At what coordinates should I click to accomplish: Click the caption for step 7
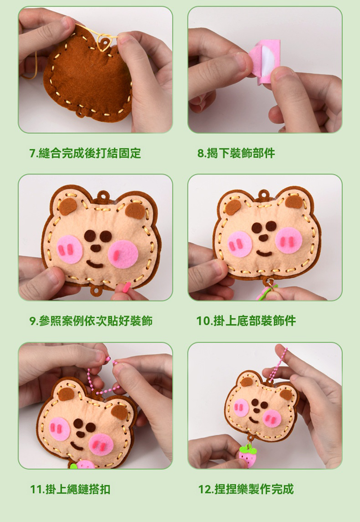tap(85, 153)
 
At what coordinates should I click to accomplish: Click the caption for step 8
tap(236, 153)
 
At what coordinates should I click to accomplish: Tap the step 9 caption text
tap(91, 321)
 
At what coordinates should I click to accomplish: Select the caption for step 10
tap(246, 321)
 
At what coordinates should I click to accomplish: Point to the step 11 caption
tap(70, 490)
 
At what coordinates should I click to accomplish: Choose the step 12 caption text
tap(246, 490)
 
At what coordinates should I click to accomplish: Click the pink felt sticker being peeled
tap(265, 62)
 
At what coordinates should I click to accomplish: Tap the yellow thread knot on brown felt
tap(104, 43)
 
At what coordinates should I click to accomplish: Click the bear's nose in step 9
tap(96, 248)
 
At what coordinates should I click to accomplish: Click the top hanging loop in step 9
tap(103, 196)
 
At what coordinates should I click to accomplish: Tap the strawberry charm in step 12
tap(248, 455)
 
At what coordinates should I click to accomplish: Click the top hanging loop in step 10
tap(264, 195)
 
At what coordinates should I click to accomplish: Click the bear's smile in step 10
tap(264, 254)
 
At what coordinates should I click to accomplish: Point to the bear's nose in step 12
tap(256, 411)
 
